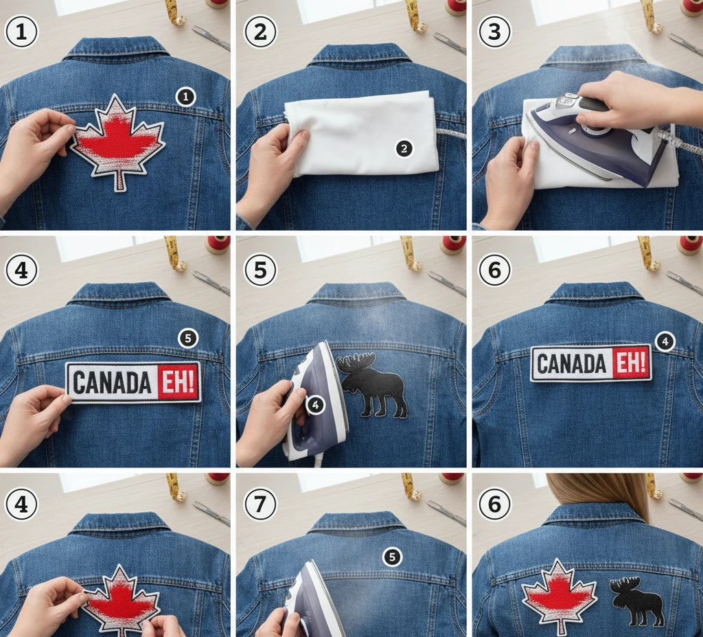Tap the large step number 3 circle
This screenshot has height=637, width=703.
coord(494,32)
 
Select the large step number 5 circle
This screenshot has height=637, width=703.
coord(260,269)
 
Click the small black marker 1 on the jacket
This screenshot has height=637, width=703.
coord(185,97)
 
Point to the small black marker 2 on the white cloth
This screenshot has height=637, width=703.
coord(404,148)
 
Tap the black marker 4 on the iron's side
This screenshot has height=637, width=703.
coord(314,406)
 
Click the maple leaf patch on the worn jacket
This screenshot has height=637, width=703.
coord(558,594)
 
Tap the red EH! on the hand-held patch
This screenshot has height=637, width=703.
coord(178,382)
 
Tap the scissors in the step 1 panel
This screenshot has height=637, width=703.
coord(210,38)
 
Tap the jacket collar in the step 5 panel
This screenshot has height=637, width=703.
coord(356,293)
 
